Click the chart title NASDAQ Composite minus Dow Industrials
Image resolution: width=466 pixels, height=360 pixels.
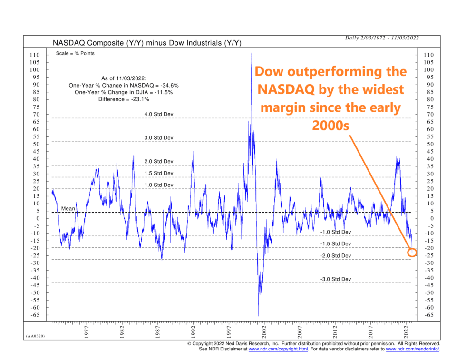[x=147, y=43]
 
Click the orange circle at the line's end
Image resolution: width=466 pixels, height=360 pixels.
[x=412, y=253]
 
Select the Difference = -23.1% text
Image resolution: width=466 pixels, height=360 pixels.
[x=124, y=99]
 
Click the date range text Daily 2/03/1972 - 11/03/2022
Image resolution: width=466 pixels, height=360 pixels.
[x=382, y=38]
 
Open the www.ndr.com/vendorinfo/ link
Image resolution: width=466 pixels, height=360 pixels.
[x=412, y=349]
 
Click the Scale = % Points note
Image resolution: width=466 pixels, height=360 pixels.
[x=76, y=53]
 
